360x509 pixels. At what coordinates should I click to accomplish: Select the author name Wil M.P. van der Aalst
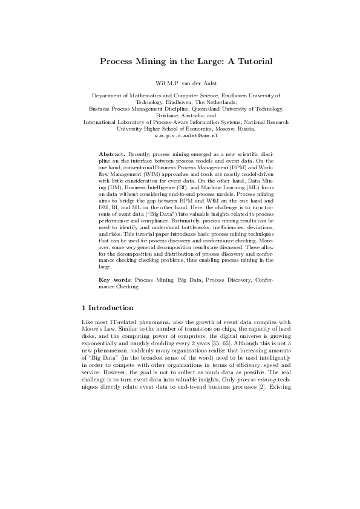pyautogui.click(x=180, y=82)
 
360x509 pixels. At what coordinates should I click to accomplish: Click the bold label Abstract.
pyautogui.click(x=111, y=155)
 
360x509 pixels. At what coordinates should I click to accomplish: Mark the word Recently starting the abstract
pyautogui.click(x=140, y=155)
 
